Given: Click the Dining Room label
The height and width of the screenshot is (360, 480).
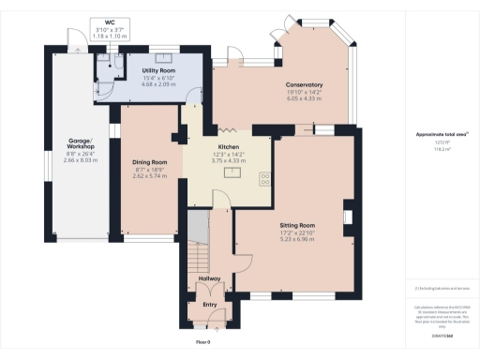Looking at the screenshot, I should click(x=149, y=162).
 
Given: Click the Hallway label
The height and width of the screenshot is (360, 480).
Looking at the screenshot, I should click(x=210, y=279).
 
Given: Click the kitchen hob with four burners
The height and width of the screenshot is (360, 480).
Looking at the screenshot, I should click(x=263, y=176).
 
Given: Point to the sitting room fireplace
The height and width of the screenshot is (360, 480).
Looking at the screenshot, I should click(x=348, y=219).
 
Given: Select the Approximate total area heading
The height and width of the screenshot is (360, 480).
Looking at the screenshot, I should click(x=442, y=134).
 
